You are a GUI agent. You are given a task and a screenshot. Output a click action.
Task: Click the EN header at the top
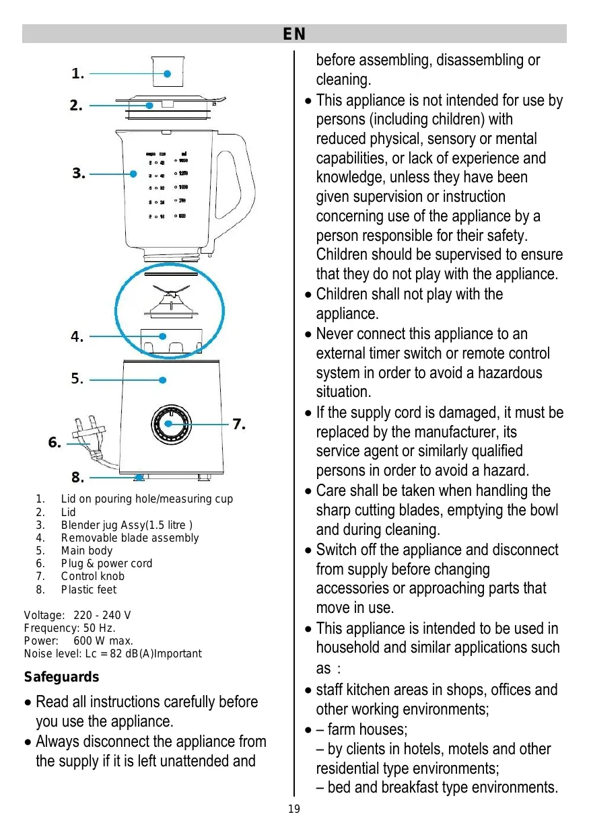(294, 34)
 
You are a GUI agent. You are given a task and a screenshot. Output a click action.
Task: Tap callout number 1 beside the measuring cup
(78, 75)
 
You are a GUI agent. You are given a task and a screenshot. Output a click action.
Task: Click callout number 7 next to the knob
(239, 425)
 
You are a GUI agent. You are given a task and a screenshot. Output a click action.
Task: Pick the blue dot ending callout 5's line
(163, 380)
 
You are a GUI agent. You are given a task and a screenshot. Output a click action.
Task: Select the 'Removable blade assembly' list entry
(130, 538)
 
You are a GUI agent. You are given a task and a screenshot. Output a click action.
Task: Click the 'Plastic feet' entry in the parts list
(89, 590)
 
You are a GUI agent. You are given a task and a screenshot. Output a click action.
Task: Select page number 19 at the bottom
(294, 809)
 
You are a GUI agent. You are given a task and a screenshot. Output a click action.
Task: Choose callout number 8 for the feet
(77, 478)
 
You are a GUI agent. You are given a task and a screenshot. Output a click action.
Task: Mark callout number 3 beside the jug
(79, 174)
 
